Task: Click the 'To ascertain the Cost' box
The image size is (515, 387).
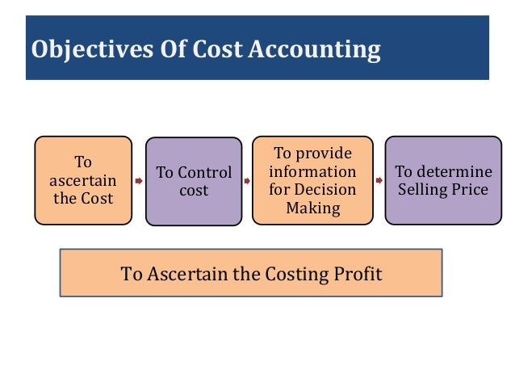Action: tap(83, 179)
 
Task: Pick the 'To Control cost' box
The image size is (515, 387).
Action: tap(194, 181)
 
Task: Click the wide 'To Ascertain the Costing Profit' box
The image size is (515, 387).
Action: tap(251, 273)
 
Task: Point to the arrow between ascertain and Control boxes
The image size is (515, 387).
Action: tap(138, 181)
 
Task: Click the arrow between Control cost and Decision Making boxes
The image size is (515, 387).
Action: tap(247, 181)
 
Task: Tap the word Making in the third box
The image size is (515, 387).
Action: tap(312, 208)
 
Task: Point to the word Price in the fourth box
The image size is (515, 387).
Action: tap(470, 190)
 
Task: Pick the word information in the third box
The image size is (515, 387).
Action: tap(312, 171)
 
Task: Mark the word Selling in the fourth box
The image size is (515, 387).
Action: tap(422, 190)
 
